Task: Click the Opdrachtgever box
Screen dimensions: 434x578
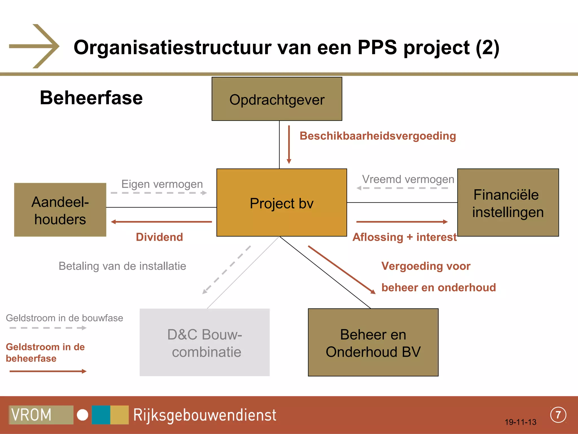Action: tap(277, 99)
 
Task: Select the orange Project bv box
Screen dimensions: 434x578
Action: tap(281, 203)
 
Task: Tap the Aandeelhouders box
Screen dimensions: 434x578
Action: tap(60, 210)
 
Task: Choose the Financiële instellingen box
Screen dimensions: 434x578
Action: tap(508, 203)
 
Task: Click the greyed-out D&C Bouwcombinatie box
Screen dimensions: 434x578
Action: tap(205, 342)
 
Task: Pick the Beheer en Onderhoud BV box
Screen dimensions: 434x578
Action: tap(373, 342)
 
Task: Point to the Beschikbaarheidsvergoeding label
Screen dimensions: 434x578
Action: tap(378, 136)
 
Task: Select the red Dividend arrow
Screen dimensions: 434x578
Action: tap(161, 222)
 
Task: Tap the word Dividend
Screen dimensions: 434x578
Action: tap(159, 237)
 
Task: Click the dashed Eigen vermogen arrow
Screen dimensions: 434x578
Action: tap(159, 193)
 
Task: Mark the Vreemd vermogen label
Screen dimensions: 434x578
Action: tap(408, 179)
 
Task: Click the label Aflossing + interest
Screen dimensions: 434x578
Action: tap(404, 237)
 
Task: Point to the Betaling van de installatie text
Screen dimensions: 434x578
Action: tap(122, 266)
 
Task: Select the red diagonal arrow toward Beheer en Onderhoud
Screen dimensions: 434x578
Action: tap(341, 270)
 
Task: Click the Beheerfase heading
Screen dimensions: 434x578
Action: tap(91, 98)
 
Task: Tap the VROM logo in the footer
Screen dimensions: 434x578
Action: tap(41, 415)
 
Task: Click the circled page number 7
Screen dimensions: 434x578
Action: tap(558, 415)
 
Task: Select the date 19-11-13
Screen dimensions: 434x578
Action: tap(520, 422)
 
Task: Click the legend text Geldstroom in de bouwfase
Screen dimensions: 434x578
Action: tap(64, 318)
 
